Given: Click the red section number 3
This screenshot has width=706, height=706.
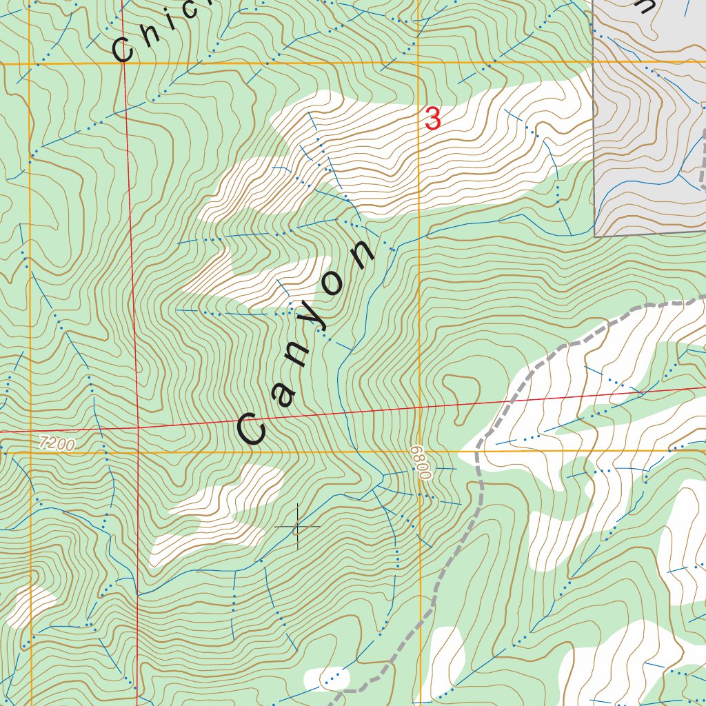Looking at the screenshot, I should click(x=433, y=119).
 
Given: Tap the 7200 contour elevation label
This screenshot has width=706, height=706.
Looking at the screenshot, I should click(x=57, y=444).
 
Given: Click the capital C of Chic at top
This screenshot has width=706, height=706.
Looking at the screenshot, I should click(x=124, y=50).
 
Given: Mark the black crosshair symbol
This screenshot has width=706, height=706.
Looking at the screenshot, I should click(x=297, y=527).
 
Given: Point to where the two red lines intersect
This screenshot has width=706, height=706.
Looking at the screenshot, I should click(x=138, y=427).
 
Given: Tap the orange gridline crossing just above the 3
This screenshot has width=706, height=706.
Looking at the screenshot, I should click(x=418, y=63).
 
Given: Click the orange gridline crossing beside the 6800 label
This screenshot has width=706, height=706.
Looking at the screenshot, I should click(x=419, y=452).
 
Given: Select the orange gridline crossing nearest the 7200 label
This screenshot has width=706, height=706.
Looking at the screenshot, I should click(x=30, y=452).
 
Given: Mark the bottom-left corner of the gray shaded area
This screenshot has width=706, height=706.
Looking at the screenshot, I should click(x=595, y=236).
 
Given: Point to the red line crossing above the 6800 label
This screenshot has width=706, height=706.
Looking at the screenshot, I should click(x=419, y=407).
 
